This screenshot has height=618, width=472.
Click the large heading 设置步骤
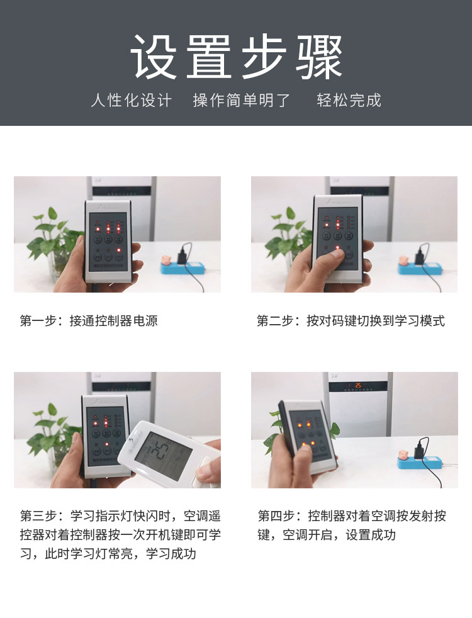click(x=236, y=57)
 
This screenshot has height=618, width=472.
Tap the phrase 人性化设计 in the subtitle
click(x=131, y=101)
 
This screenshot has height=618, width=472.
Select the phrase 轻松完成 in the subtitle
click(x=349, y=100)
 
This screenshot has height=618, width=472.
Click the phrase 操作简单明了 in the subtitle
click(x=242, y=101)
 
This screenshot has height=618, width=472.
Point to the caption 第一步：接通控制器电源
click(x=89, y=321)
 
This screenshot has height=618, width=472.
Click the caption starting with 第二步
click(x=351, y=321)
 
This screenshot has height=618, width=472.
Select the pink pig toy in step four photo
click(x=403, y=455)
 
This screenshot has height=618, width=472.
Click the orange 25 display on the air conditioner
click(x=358, y=385)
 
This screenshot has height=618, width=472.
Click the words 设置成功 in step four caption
click(x=371, y=535)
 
